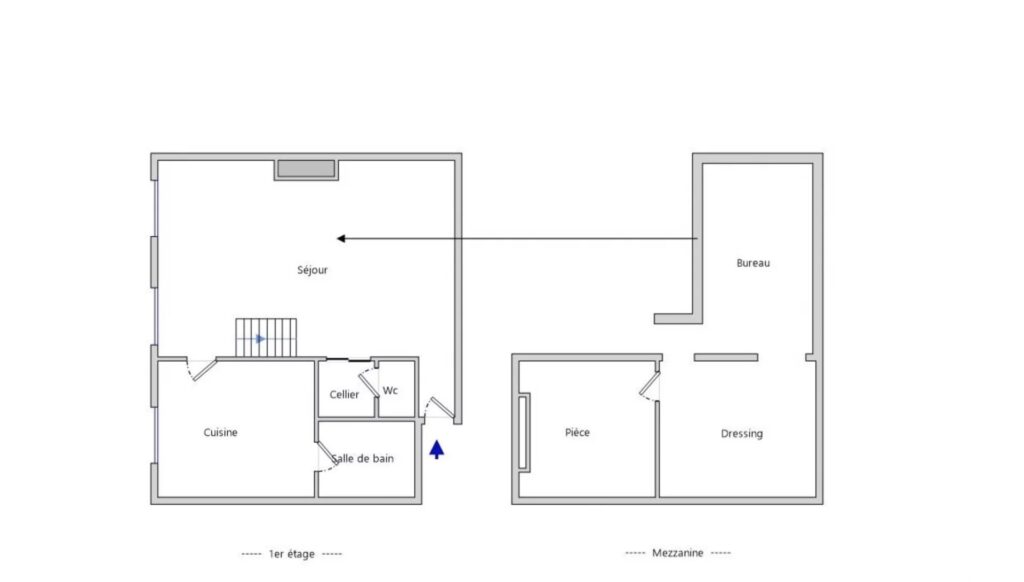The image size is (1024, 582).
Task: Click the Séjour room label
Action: [312, 270]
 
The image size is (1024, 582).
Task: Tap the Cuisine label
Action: [220, 432]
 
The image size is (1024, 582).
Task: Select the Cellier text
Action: [344, 395]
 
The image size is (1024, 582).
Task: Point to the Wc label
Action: [390, 391]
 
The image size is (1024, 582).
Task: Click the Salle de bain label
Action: [363, 459]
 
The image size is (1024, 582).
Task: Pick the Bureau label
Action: [753, 263]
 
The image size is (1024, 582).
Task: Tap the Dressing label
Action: [742, 434]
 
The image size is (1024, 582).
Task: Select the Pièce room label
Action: [577, 432]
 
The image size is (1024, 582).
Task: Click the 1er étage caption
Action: [292, 554]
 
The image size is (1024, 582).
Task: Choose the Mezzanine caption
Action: [678, 553]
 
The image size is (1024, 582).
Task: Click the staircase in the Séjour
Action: [266, 338]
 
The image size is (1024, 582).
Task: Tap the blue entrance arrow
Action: [437, 449]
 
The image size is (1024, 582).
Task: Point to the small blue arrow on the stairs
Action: [260, 339]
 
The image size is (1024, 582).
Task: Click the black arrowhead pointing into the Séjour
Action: [341, 238]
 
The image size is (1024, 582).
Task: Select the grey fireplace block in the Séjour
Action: [306, 169]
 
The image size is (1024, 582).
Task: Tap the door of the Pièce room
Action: [650, 387]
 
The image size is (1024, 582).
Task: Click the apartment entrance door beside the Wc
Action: [440, 408]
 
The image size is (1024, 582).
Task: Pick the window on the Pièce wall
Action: [524, 432]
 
